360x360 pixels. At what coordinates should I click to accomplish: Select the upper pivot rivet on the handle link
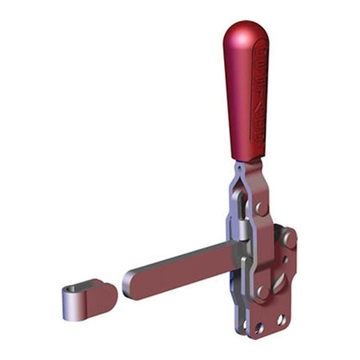coord(259,208)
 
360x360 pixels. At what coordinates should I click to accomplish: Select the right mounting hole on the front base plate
coord(281,319)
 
